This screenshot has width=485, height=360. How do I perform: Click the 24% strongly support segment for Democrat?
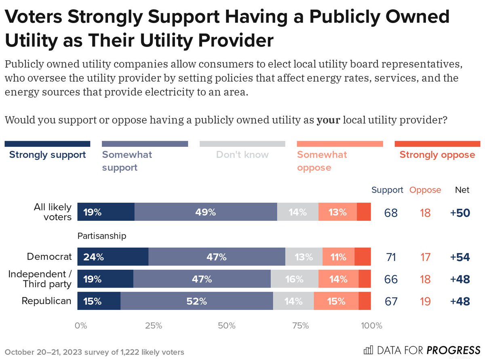[x=113, y=257]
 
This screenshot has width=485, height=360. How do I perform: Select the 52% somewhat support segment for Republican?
[x=196, y=301]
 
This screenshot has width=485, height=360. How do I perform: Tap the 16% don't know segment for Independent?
[x=294, y=279]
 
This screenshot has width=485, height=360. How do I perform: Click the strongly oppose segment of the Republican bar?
[x=365, y=301]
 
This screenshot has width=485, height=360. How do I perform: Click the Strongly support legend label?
[x=47, y=155]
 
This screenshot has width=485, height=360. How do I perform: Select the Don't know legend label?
[x=242, y=155]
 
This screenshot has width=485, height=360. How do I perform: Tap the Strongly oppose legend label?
[x=437, y=155]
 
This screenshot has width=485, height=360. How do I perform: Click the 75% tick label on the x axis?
[x=300, y=326]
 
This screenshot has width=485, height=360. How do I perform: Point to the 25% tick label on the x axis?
[x=154, y=326]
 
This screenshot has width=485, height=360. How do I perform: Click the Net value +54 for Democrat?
[x=460, y=257]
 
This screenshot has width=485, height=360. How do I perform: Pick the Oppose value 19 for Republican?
[x=425, y=302]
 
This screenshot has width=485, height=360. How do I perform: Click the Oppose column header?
[x=425, y=190]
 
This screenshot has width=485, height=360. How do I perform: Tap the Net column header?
[x=462, y=190]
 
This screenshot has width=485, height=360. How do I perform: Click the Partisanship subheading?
[x=102, y=236]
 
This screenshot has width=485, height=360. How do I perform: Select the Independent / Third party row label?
[x=40, y=279]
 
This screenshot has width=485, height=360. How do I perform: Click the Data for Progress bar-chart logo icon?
[x=369, y=349]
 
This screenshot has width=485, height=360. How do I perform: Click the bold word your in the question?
[x=328, y=120]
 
